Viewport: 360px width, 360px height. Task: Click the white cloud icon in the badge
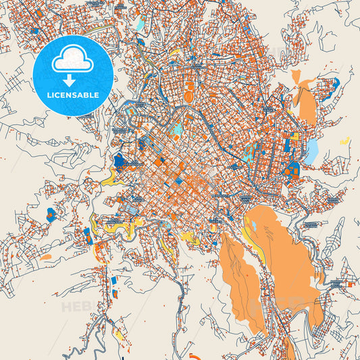point(72,59)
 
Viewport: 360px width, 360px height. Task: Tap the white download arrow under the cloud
point(72,79)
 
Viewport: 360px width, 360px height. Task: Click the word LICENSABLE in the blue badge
point(72,95)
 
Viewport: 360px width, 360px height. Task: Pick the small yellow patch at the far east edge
point(345,142)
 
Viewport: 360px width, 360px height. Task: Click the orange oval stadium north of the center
point(188,88)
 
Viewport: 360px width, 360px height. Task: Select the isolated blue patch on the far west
point(51,216)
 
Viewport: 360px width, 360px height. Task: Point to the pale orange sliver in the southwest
point(45,257)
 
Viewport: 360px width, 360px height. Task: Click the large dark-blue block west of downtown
point(121,161)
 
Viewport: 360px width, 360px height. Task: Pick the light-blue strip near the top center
point(140,24)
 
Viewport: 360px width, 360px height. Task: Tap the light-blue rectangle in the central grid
point(178,128)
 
